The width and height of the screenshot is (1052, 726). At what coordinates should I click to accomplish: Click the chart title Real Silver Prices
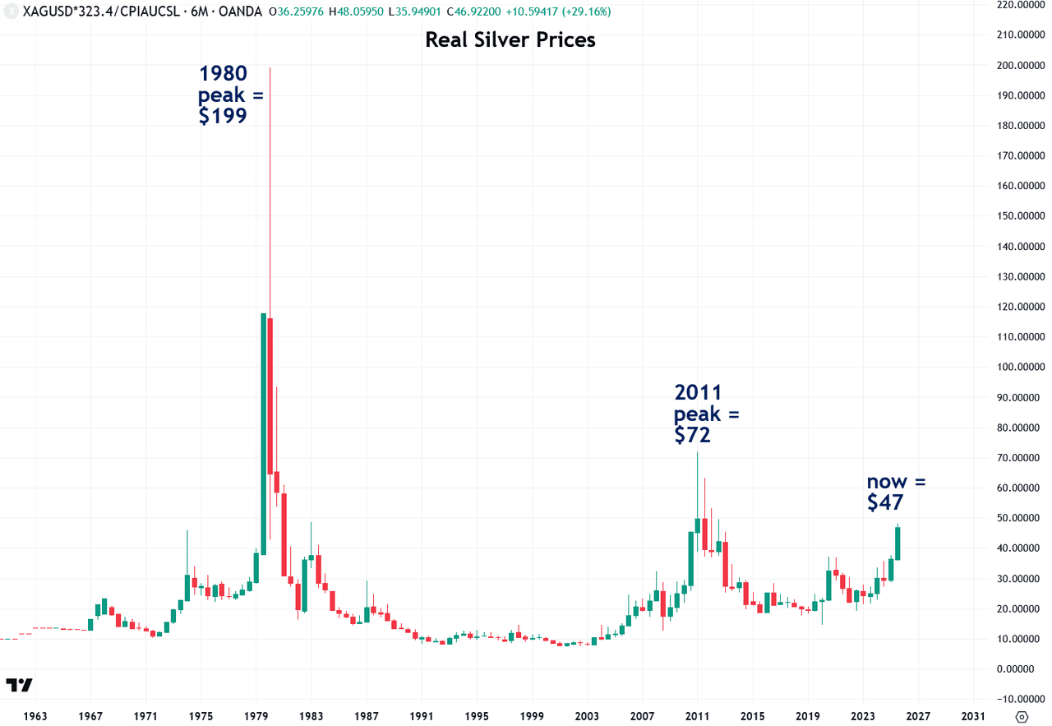coord(510,39)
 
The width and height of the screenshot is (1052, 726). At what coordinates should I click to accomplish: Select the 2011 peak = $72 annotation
coord(706,414)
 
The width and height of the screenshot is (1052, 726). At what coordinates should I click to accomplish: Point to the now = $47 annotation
coord(896,492)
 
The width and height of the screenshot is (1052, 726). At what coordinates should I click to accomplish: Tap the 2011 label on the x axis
coord(698,715)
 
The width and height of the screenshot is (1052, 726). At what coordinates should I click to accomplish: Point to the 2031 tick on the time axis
coord(974,715)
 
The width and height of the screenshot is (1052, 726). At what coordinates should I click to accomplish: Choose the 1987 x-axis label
coord(367,715)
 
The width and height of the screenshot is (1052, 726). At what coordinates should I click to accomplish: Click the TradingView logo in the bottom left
coord(19,685)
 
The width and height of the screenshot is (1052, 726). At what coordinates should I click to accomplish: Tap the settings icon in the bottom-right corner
coord(1022,715)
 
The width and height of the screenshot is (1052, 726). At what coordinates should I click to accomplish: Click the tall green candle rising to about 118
coord(263,433)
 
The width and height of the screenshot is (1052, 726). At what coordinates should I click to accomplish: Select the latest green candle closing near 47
coord(898,543)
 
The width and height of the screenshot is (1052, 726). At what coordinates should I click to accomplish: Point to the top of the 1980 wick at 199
coord(270,68)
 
